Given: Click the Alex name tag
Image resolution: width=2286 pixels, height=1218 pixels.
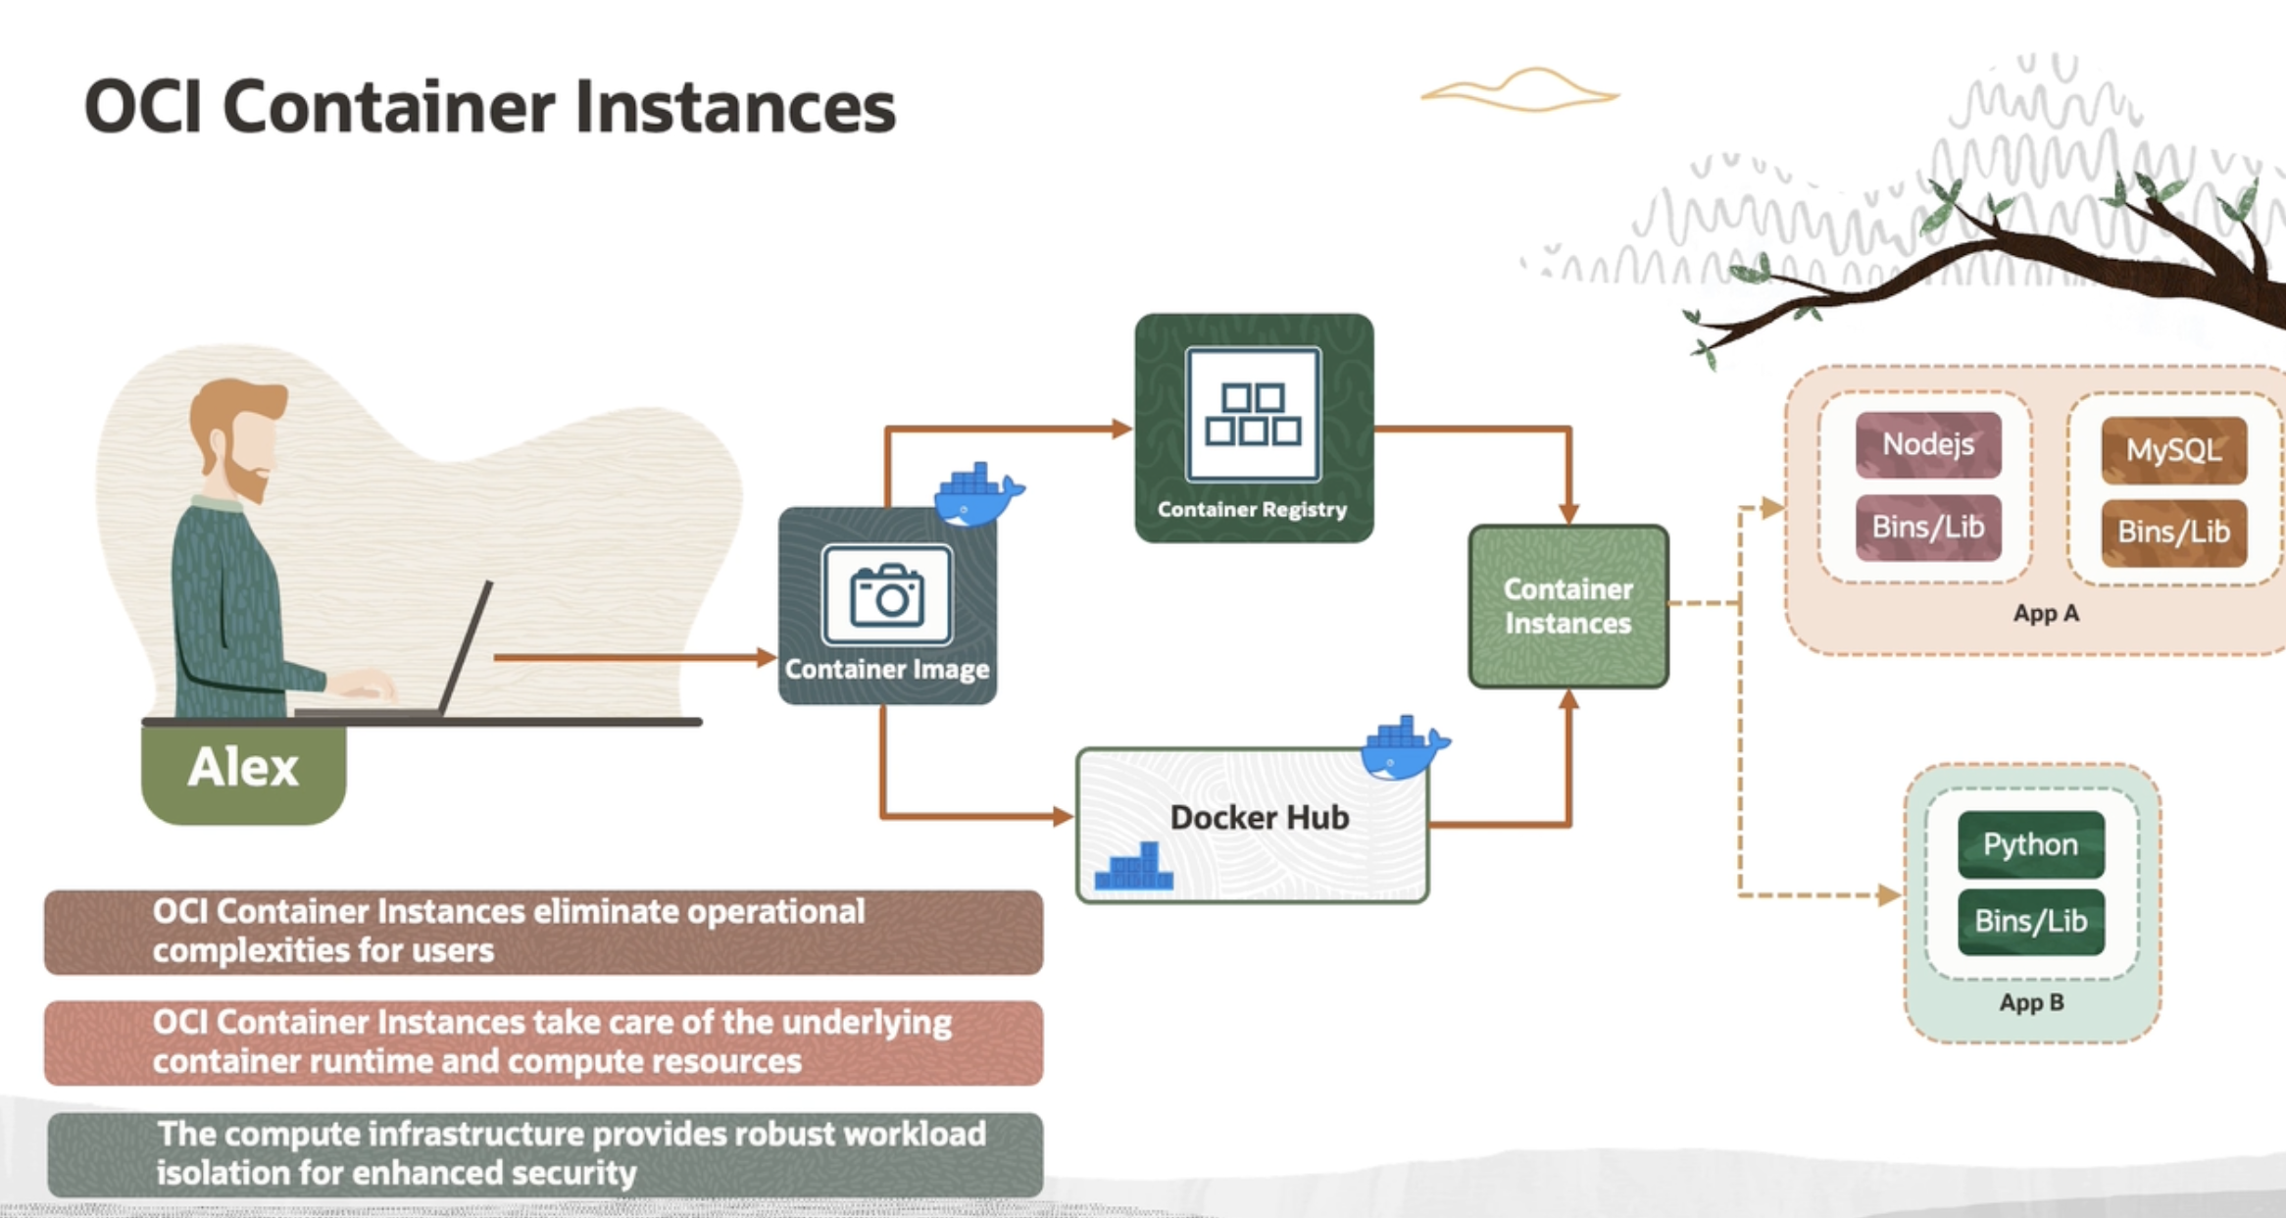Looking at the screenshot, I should tap(243, 767).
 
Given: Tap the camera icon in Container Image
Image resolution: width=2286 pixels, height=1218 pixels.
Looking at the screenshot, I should tap(887, 594).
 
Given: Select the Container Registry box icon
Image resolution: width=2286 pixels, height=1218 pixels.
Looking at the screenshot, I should tap(1253, 415).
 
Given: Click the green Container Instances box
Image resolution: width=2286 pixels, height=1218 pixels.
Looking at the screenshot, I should tap(1567, 606).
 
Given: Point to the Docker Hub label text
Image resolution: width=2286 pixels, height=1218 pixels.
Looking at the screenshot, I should tap(1259, 817).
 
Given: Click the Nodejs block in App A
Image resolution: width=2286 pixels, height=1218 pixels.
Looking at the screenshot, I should tap(1927, 444).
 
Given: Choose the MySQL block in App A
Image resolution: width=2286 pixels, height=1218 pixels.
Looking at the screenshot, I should tap(2173, 450).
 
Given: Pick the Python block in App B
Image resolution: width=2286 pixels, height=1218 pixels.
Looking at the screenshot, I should tap(2030, 844).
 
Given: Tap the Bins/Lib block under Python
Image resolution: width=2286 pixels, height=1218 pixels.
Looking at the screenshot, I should tap(2030, 921).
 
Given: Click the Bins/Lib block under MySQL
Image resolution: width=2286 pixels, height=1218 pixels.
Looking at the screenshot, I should tap(2173, 532).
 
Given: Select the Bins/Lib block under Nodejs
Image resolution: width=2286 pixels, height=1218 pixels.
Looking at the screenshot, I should tap(1927, 527).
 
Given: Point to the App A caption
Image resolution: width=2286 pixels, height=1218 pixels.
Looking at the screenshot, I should tap(2046, 614).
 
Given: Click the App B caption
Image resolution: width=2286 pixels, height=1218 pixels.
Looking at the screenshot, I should tap(2031, 1002).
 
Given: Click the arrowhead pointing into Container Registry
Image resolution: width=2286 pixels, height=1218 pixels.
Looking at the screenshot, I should tap(1122, 429).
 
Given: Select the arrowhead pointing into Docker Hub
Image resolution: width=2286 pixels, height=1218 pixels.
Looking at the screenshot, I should tap(1063, 816).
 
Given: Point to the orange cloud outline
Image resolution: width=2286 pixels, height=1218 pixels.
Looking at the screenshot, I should tap(1519, 91).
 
